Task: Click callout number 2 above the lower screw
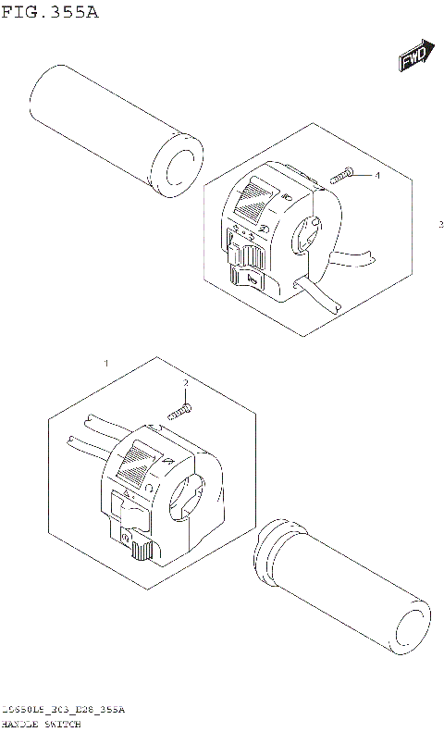pyautogui.click(x=185, y=383)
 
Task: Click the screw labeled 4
pyautogui.click(x=343, y=175)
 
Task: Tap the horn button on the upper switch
pyautogui.click(x=249, y=277)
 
